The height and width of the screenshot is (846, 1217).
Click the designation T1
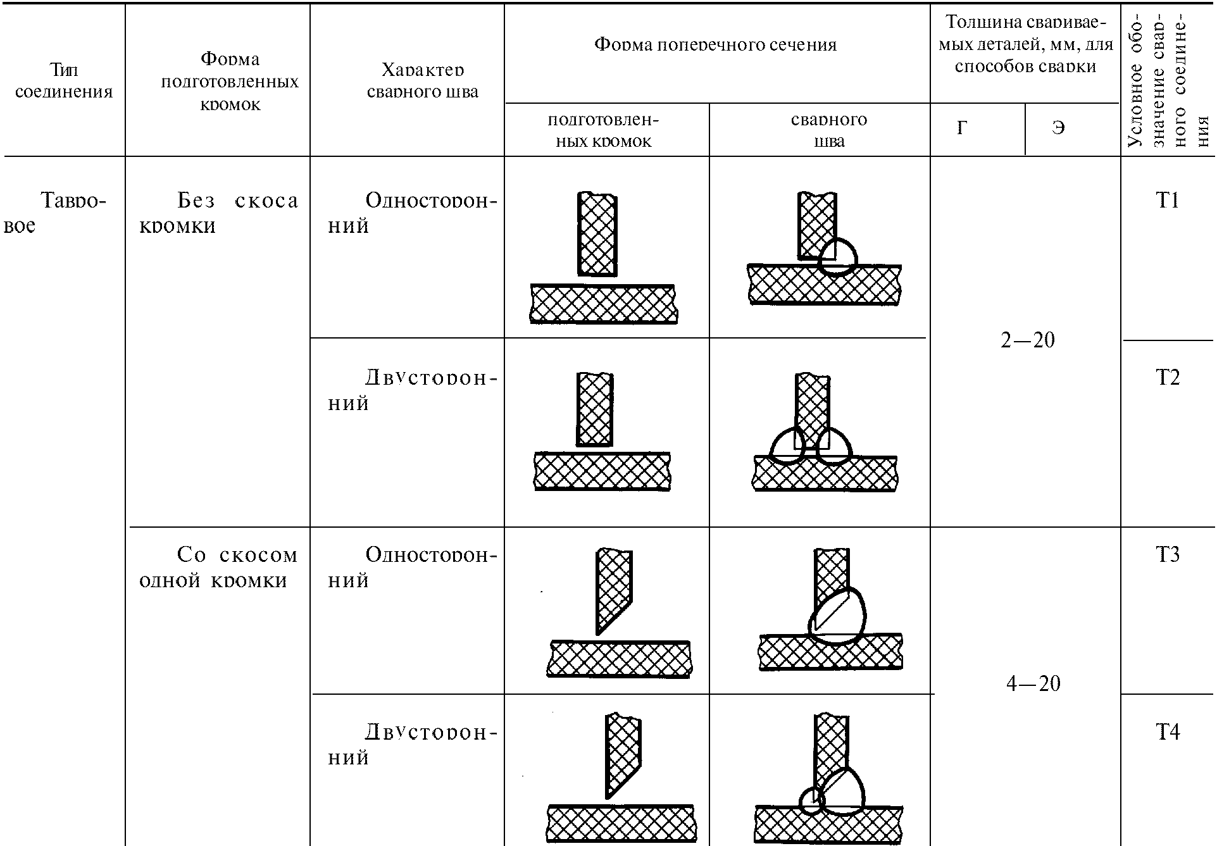(x=1167, y=201)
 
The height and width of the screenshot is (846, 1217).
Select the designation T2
(x=1168, y=378)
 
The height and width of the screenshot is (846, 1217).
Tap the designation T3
(x=1168, y=555)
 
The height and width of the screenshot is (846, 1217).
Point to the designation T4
(x=1168, y=732)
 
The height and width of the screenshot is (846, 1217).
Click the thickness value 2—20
(x=1028, y=340)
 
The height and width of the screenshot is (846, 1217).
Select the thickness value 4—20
(x=1033, y=683)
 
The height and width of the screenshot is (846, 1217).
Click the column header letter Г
(x=962, y=128)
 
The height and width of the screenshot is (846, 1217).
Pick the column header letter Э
(x=1058, y=128)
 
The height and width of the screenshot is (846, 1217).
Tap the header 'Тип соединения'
(x=63, y=80)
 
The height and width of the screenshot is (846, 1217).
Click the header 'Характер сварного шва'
(x=422, y=80)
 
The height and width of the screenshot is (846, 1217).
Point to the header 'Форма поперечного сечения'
(x=715, y=44)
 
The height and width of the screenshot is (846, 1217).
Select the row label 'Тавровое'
(x=57, y=213)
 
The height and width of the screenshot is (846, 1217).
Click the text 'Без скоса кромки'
(x=218, y=213)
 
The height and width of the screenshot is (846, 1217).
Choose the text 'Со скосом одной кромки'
(x=218, y=567)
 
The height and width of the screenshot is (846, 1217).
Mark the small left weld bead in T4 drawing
(x=811, y=802)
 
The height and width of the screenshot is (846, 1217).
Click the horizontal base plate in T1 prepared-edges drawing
(x=603, y=304)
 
